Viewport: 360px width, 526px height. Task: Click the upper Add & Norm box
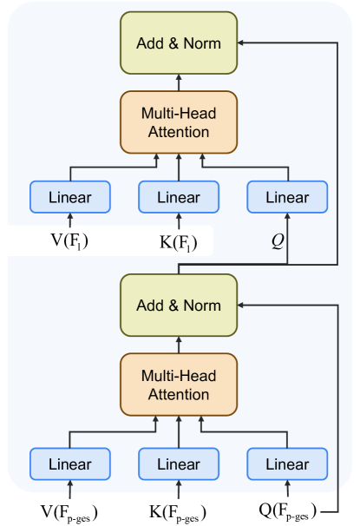pyautogui.click(x=178, y=42)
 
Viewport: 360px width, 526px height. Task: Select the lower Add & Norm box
pyautogui.click(x=178, y=305)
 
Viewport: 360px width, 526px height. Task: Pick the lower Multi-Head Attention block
pyautogui.click(x=178, y=385)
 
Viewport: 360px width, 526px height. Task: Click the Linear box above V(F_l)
pyautogui.click(x=69, y=197)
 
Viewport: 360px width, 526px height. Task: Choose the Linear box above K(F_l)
pyautogui.click(x=179, y=197)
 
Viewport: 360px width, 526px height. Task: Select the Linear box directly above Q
pyautogui.click(x=287, y=197)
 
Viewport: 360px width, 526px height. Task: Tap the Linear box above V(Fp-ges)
pyautogui.click(x=69, y=464)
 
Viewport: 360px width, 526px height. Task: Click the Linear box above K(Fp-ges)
pyautogui.click(x=179, y=464)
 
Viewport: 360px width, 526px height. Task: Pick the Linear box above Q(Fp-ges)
pyautogui.click(x=287, y=464)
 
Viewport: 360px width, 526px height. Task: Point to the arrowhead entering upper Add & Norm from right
pyautogui.click(x=243, y=42)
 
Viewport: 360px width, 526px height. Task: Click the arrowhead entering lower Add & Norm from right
pyautogui.click(x=243, y=305)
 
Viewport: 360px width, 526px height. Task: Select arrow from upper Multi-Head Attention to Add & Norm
pyautogui.click(x=178, y=81)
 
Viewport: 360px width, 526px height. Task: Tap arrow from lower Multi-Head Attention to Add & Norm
pyautogui.click(x=178, y=345)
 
